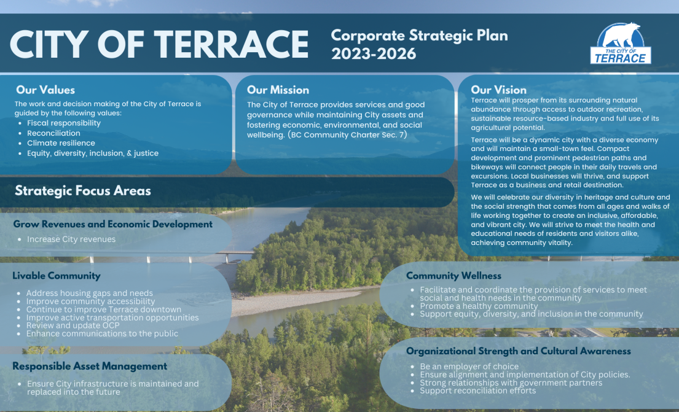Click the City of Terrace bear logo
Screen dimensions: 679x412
pyautogui.click(x=621, y=43)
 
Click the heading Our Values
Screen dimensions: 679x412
pyautogui.click(x=45, y=90)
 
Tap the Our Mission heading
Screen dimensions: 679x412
pyautogui.click(x=278, y=90)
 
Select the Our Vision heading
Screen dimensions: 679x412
pyautogui.click(x=499, y=90)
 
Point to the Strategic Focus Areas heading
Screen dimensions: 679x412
pyautogui.click(x=83, y=191)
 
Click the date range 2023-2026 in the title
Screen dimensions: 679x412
pyautogui.click(x=374, y=54)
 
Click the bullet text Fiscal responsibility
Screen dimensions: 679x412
pyautogui.click(x=64, y=123)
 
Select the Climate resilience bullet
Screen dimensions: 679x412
pyautogui.click(x=61, y=143)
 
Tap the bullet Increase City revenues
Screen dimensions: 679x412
pyautogui.click(x=71, y=239)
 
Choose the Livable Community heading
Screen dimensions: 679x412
pyautogui.click(x=57, y=276)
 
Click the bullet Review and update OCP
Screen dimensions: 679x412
pyautogui.click(x=73, y=325)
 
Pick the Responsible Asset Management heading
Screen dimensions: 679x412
pyautogui.click(x=90, y=367)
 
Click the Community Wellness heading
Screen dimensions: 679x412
pyautogui.click(x=454, y=276)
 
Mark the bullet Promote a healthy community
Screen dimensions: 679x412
pyautogui.click(x=479, y=306)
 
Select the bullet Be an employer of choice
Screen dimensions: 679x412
pyautogui.click(x=469, y=367)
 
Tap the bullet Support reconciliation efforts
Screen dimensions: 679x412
pyautogui.click(x=477, y=391)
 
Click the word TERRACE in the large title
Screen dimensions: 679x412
pyautogui.click(x=231, y=44)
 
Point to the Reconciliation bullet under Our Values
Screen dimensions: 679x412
pyautogui.click(x=53, y=133)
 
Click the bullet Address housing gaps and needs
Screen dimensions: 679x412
pyautogui.click(x=90, y=293)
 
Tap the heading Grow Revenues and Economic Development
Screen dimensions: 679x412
pyautogui.click(x=112, y=224)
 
